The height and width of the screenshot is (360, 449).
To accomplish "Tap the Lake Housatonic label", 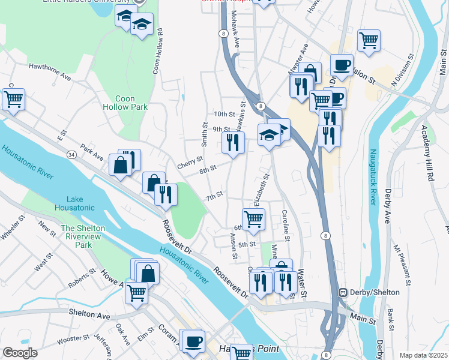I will coord(83,203).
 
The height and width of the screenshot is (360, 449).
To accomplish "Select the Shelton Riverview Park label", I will coord(83,236).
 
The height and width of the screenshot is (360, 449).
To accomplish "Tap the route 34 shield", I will coord(71,155).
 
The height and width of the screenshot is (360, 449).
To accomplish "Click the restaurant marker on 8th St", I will coord(232,143).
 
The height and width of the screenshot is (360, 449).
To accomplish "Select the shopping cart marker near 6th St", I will coord(253,219).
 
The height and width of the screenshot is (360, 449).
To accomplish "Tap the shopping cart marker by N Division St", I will coord(369,41).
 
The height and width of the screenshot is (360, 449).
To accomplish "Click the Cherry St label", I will coord(189,163).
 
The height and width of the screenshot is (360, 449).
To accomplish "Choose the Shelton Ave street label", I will coord(89,314).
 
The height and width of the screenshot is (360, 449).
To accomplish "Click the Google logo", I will coord(20,353).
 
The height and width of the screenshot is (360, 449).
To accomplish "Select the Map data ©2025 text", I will coord(423,355).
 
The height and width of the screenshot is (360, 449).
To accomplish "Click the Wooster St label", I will coord(73,340).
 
